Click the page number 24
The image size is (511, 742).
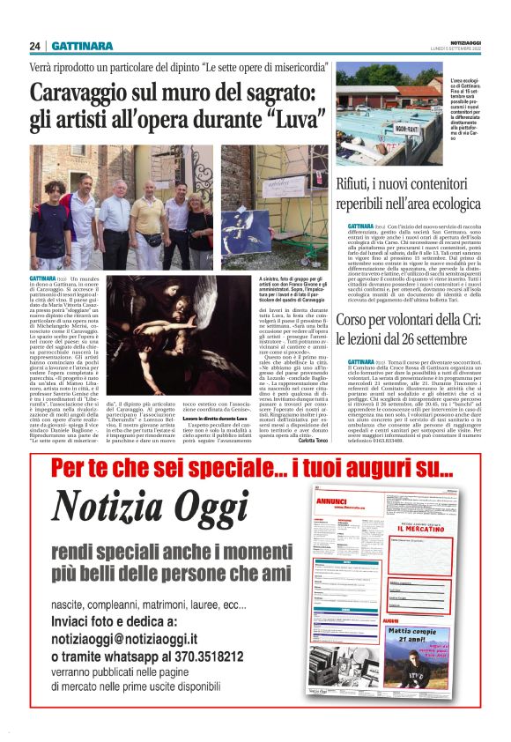coord(35,46)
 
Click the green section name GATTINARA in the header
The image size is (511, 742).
coord(81,46)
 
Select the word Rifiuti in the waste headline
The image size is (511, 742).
coord(361,184)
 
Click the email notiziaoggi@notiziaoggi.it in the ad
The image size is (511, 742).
coord(138,640)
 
